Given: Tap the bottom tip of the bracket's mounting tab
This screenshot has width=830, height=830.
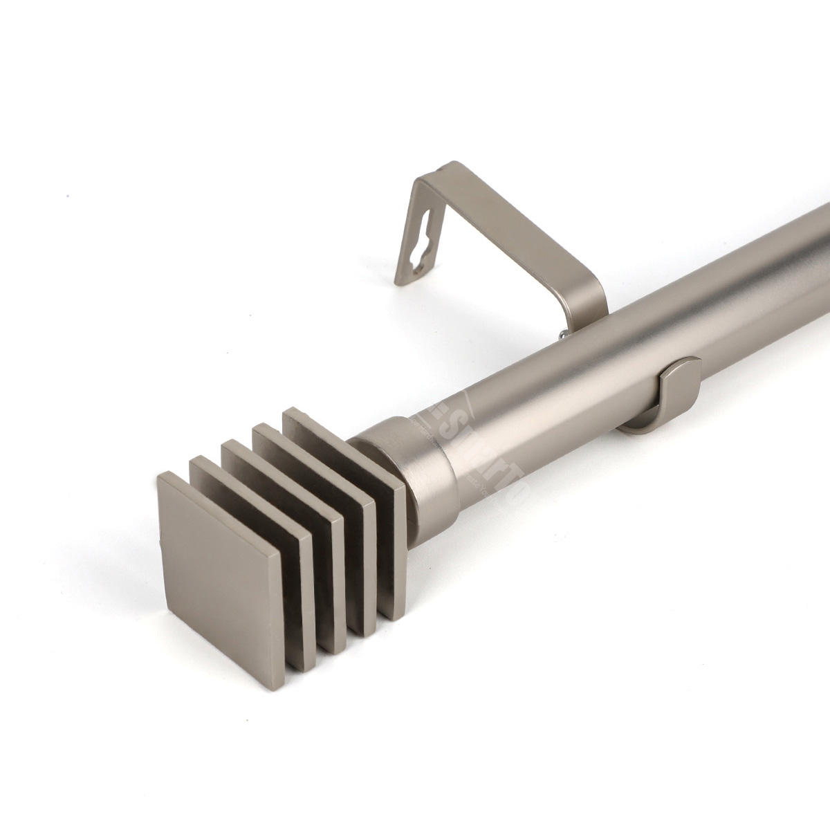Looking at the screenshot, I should click(398, 282).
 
